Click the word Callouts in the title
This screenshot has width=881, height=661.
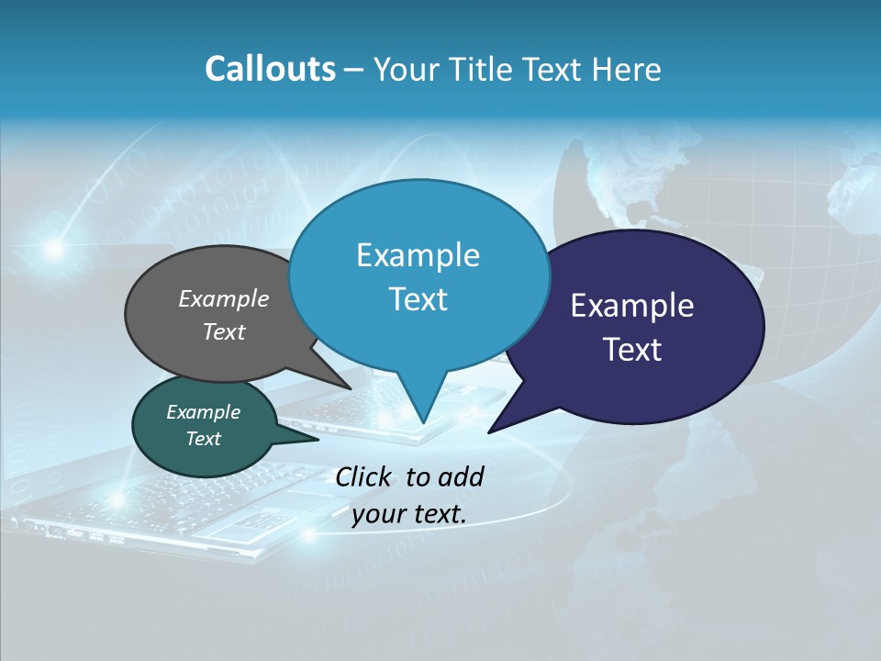[x=270, y=69]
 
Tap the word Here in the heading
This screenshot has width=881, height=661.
[x=626, y=69]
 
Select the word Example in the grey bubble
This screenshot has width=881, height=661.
[x=224, y=298]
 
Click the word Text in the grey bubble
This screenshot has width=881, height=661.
[x=224, y=331]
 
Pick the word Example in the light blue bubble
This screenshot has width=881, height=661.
[x=418, y=255]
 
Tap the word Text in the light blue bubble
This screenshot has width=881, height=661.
[x=418, y=299]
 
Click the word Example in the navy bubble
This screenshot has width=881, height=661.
[x=632, y=306]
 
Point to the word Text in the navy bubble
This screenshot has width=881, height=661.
[x=632, y=350]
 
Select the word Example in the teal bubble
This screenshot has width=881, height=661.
[x=203, y=412]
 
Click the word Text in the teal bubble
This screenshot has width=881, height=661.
[x=203, y=439]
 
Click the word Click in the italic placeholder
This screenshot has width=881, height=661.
[x=365, y=476]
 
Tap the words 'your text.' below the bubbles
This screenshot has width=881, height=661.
[x=409, y=514]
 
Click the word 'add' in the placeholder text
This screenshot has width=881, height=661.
[x=460, y=476]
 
